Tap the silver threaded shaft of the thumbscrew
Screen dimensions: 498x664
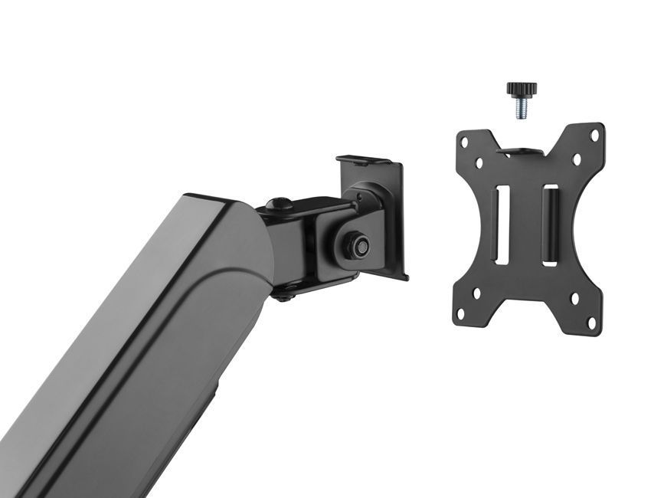(x=520, y=109)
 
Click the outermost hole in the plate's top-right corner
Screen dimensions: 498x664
(x=594, y=136)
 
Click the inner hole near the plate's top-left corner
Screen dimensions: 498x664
(x=479, y=162)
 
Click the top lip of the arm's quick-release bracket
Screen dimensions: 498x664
(x=368, y=161)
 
